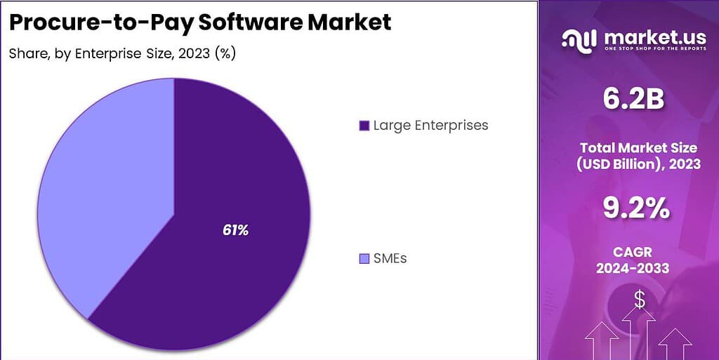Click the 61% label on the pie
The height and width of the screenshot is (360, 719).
click(x=236, y=229)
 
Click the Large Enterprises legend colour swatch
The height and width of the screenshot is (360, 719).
click(x=364, y=126)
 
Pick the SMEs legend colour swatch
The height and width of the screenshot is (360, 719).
click(x=364, y=259)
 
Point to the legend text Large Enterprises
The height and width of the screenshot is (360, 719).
click(x=430, y=126)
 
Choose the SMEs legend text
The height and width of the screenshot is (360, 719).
click(x=390, y=258)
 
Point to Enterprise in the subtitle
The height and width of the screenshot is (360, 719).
click(x=106, y=53)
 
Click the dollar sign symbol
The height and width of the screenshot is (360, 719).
click(x=639, y=300)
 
